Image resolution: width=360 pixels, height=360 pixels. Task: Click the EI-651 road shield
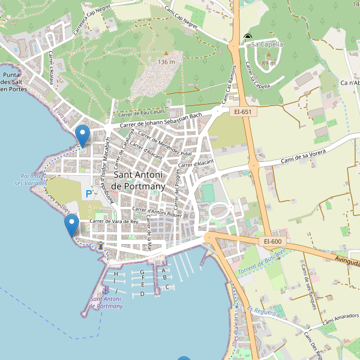coord(243,112)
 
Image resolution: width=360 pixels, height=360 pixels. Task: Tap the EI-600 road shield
coord(272,241)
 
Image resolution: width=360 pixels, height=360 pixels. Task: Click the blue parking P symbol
coord(89,194)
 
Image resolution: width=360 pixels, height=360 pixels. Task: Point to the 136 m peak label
coord(166,62)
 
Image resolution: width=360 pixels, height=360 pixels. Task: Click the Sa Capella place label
coord(267,44)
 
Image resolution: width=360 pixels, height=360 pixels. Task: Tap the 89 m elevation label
coord(269,63)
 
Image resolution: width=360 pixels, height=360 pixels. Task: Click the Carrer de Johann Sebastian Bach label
coord(161,120)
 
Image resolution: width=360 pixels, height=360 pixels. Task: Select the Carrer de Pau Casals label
coord(142,113)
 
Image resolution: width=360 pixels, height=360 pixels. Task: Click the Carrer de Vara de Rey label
coord(113,221)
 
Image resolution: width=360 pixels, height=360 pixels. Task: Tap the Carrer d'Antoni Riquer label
coord(157,212)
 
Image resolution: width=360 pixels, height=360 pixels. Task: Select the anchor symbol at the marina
coord(106,290)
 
